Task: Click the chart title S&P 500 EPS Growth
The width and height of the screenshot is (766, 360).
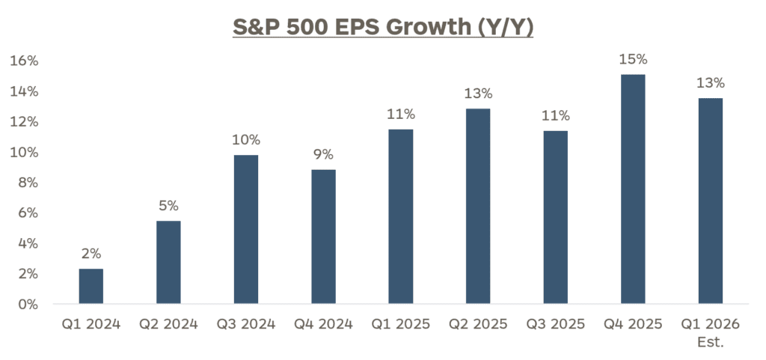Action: [x=383, y=28]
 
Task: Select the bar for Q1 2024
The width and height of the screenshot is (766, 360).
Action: [x=91, y=287]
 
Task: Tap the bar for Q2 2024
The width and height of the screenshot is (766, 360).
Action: [x=168, y=263]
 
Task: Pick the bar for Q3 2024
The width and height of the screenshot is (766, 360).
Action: [x=246, y=229]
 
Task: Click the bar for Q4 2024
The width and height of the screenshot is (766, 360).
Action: [x=323, y=237]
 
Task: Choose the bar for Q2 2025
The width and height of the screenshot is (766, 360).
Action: [x=478, y=207]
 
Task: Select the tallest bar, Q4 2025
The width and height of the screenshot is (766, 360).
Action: [x=633, y=189]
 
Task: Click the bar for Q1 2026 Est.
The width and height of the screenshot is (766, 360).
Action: [x=710, y=201]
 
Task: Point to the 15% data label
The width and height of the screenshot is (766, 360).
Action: [x=633, y=59]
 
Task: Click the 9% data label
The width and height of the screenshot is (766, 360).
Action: [x=323, y=154]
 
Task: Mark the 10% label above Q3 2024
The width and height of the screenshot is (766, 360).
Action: [x=246, y=139]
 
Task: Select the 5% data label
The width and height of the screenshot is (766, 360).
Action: [x=168, y=205]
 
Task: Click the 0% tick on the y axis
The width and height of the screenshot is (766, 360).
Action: [x=28, y=305]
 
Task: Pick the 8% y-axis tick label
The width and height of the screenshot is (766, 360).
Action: [x=28, y=183]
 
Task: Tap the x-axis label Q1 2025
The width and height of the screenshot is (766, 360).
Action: [x=400, y=324]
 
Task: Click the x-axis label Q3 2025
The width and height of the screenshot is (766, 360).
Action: [x=555, y=324]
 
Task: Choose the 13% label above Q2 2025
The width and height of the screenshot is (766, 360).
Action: [x=478, y=94]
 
